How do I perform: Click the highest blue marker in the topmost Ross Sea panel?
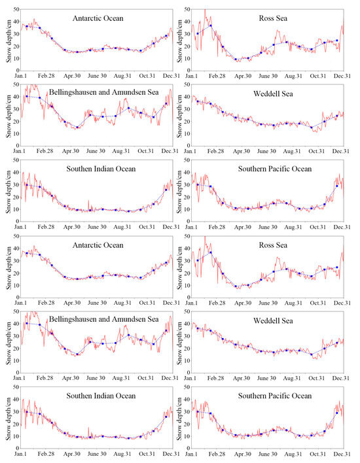[211, 25]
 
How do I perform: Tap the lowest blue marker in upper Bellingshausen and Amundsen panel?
[77, 128]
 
